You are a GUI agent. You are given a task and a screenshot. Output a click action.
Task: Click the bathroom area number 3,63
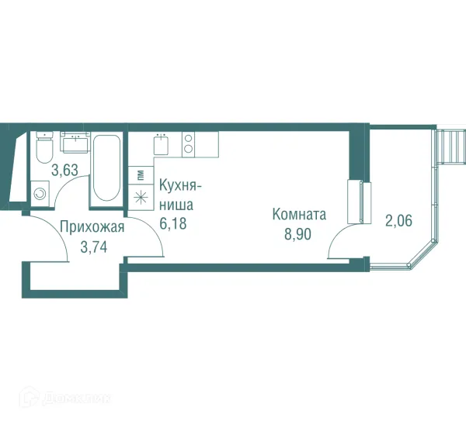click(64, 170)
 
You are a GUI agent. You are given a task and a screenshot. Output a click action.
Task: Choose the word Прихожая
click(92, 228)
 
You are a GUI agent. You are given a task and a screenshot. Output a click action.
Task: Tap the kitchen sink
click(162, 144)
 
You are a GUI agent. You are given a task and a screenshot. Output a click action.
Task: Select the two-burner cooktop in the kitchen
click(189, 143)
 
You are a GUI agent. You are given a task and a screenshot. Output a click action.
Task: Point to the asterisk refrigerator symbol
click(141, 197)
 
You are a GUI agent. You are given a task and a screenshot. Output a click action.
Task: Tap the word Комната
click(298, 215)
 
